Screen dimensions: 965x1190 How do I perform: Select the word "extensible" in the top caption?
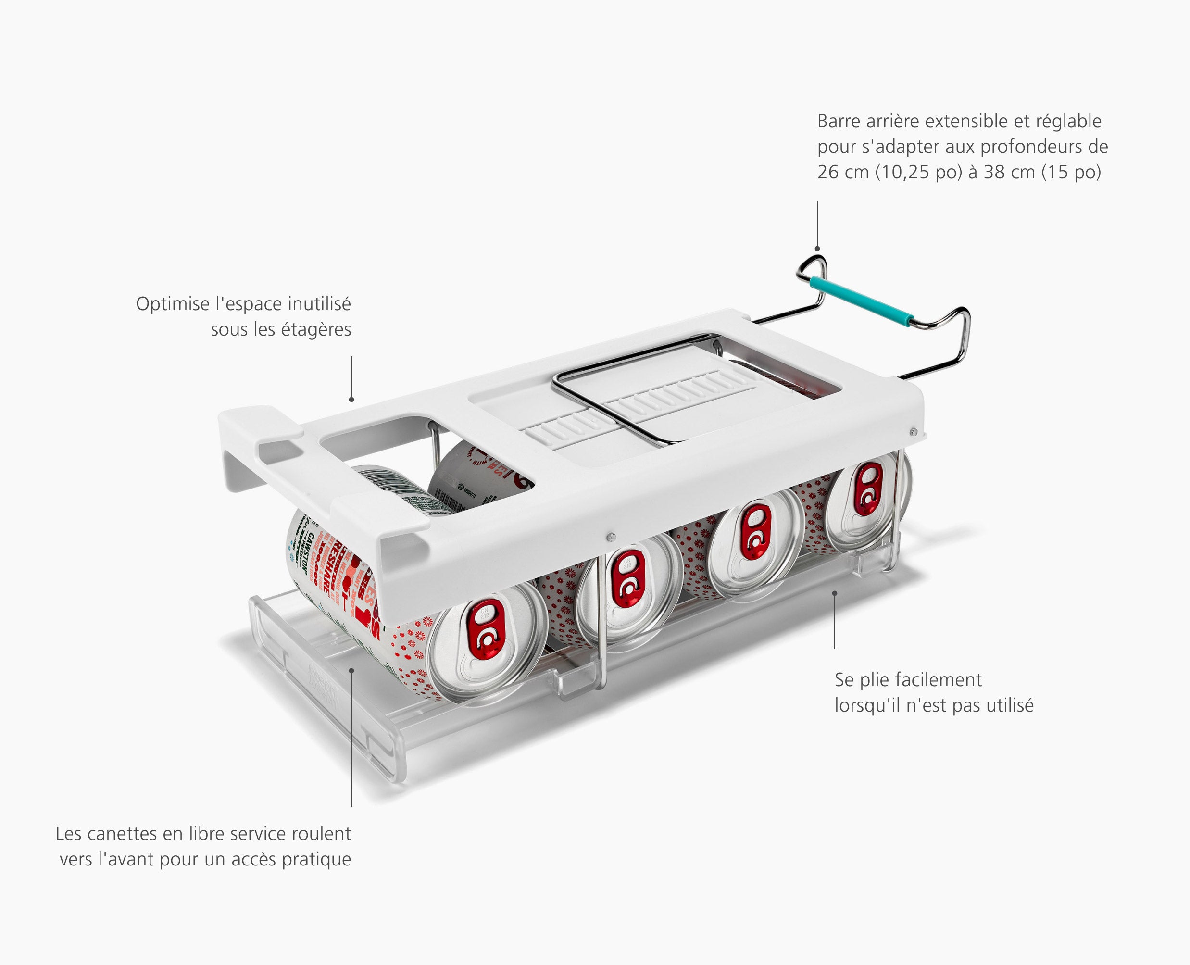969,121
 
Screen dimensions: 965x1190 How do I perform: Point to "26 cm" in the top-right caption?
842,172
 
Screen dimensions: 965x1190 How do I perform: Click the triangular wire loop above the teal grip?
812,269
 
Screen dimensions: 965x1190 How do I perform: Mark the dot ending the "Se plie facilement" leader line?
835,594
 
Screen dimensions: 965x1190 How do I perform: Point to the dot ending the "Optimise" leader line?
351,400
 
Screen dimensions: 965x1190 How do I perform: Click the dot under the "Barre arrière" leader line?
817,249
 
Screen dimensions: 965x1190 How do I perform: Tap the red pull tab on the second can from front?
627,579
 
